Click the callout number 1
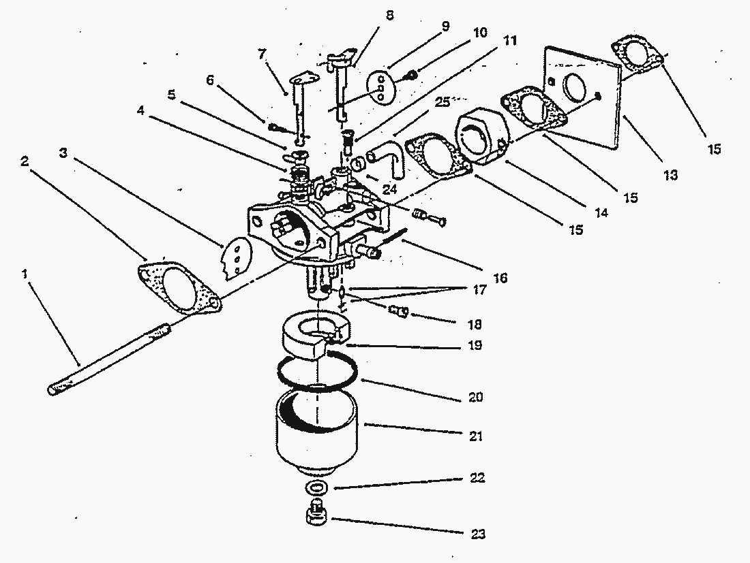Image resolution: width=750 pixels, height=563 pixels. (x=25, y=274)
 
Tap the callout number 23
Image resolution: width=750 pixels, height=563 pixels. (x=479, y=534)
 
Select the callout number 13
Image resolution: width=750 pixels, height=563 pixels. (x=671, y=175)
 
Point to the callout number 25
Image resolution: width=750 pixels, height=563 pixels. (x=443, y=101)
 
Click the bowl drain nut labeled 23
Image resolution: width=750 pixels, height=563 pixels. (x=316, y=513)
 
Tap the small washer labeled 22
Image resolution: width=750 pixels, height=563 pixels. (x=316, y=487)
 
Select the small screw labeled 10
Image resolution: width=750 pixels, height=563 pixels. (x=412, y=74)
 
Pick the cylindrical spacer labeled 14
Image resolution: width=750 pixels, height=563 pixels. (x=482, y=135)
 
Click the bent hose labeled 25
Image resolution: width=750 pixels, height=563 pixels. (x=389, y=155)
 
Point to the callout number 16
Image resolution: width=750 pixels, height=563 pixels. (x=500, y=278)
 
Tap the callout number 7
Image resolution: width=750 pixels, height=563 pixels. (x=262, y=54)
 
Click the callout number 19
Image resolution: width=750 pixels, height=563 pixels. (x=475, y=345)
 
